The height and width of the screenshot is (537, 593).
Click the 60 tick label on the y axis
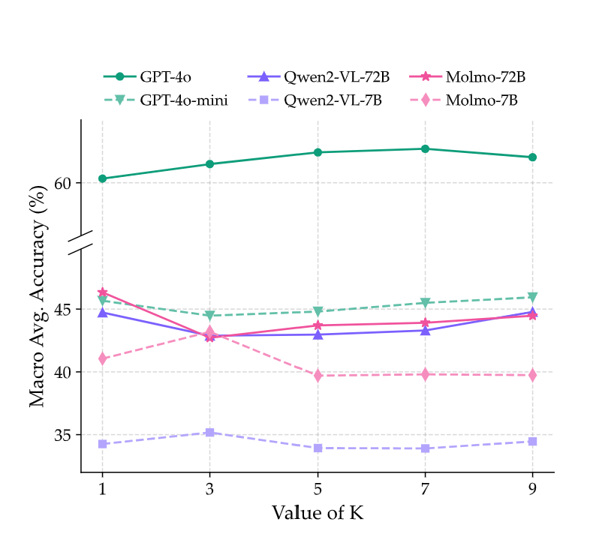63,183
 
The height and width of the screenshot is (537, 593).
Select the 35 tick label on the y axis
63,435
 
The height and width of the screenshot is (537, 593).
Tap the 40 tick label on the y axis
63,372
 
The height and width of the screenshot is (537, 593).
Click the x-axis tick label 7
425,488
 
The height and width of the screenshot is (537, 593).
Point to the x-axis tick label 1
102,488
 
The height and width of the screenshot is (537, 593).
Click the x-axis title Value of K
318,513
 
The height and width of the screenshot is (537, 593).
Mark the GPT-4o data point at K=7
425,148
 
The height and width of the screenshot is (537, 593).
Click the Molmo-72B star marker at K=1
102,292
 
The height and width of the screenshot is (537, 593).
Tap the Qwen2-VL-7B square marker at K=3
210,433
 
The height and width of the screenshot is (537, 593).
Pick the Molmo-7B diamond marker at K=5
318,375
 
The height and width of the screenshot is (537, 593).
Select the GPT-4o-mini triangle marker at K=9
532,297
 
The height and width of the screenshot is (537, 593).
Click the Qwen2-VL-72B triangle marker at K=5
318,334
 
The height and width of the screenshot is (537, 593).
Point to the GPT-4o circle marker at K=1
102,178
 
